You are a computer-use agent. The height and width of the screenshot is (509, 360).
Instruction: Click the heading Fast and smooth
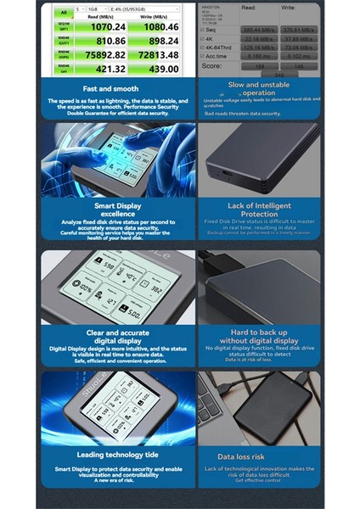(113, 88)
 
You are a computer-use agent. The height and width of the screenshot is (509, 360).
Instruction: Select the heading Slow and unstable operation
(259, 89)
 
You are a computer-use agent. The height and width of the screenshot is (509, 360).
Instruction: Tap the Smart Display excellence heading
(113, 210)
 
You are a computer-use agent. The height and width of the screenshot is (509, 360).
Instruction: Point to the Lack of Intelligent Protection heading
(259, 210)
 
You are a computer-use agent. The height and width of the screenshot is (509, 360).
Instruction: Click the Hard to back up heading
(259, 336)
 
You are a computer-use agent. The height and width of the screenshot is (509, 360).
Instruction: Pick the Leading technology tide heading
(113, 456)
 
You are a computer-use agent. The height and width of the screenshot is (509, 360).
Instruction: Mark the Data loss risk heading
(259, 456)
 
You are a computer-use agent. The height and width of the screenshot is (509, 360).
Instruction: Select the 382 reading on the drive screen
(155, 288)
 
